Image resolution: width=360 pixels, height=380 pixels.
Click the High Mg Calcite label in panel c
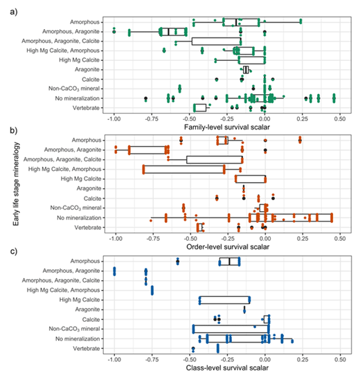point(79,300)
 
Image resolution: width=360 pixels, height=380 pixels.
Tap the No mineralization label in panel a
point(74,98)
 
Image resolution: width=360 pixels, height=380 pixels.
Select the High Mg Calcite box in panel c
point(224,300)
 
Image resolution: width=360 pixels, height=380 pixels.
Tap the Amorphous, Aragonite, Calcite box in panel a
point(216,41)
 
